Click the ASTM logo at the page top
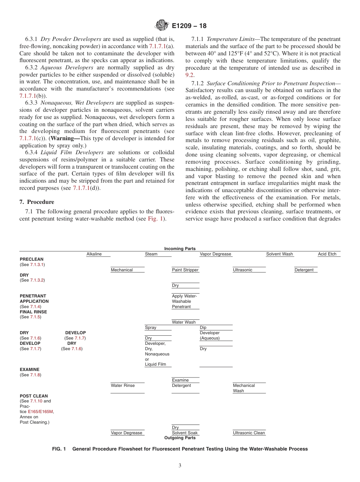pos(162,26)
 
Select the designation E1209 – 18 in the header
pos(189,26)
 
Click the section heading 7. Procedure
pos(37,202)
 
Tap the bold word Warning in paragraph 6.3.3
pos(65,139)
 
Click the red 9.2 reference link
pos(189,75)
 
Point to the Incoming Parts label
pos(180,249)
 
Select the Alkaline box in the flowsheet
pos(94,254)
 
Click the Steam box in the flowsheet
pos(151,254)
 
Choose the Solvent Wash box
pos(279,254)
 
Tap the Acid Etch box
pos(327,254)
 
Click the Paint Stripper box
pos(185,270)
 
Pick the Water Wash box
pos(184,322)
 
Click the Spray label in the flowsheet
pos(150,327)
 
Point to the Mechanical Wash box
pos(244,388)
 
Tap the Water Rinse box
pos(122,385)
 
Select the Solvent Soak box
pos(185,433)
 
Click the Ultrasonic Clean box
pos(249,433)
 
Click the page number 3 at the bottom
pos(180,466)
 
